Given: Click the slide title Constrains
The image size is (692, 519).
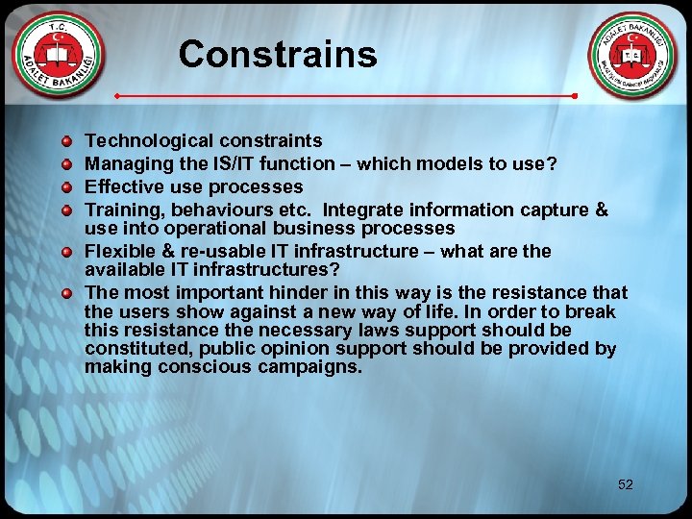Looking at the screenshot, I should [x=277, y=54].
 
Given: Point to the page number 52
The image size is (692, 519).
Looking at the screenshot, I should [x=626, y=484].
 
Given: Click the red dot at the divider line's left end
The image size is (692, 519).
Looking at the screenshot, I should [x=117, y=97].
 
